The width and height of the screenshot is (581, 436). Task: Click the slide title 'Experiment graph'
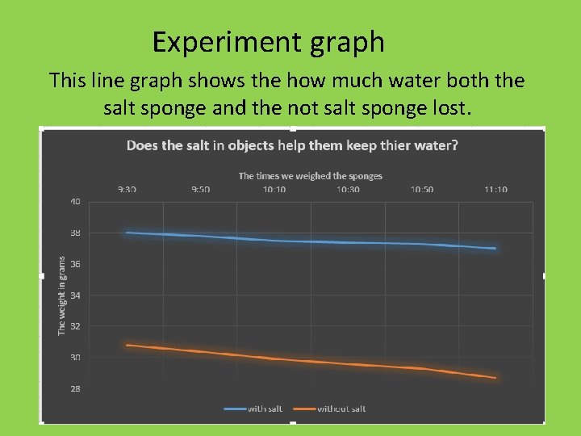[x=268, y=42]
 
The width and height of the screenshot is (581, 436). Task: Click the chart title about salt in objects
[x=292, y=146]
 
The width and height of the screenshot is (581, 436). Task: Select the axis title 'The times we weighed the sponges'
[x=311, y=175]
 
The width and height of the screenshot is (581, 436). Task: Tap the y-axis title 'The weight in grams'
[x=62, y=296]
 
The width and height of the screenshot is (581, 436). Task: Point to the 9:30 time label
[x=127, y=189]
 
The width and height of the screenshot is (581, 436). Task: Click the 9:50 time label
[x=200, y=189]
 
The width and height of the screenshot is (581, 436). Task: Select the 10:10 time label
[x=274, y=189]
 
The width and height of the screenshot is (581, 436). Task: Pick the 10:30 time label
[x=348, y=189]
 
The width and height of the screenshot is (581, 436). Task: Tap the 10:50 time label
[x=422, y=189]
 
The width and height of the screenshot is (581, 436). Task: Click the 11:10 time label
[x=495, y=189]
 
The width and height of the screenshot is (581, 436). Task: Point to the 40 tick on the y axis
[x=74, y=202]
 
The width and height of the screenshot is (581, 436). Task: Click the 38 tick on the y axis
[x=74, y=233]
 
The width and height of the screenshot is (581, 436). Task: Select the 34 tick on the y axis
[x=74, y=296]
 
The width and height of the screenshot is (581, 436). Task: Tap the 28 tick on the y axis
[x=74, y=389]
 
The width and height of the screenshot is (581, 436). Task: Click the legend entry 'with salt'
[x=267, y=409]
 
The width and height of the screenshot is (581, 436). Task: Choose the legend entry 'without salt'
[x=341, y=409]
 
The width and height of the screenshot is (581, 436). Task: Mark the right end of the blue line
[x=495, y=249]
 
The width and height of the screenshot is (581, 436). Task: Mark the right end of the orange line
[x=495, y=377]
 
